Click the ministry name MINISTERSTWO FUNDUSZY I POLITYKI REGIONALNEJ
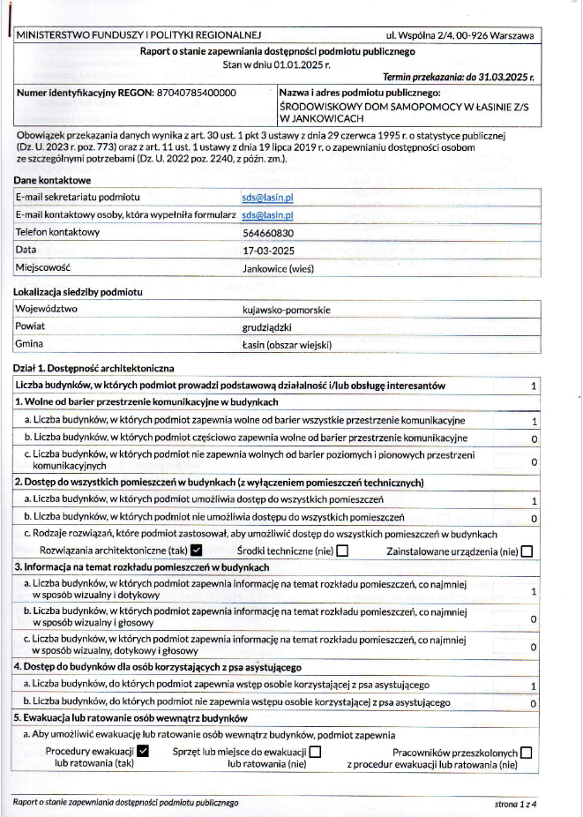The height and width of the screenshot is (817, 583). click(x=139, y=35)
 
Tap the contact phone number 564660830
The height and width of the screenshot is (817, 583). click(x=268, y=232)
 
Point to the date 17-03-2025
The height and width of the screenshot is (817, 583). click(x=268, y=250)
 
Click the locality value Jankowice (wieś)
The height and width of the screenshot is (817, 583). click(x=278, y=268)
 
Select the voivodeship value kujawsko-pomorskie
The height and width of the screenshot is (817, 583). click(x=286, y=310)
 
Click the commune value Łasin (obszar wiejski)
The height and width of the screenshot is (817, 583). click(x=287, y=344)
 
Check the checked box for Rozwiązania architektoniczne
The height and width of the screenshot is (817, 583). click(x=197, y=551)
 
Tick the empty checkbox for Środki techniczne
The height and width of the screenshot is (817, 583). click(x=342, y=551)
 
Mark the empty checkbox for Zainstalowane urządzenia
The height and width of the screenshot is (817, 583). click(x=527, y=551)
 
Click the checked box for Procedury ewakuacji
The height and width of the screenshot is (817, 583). click(x=144, y=752)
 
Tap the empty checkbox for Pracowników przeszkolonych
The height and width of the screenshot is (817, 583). click(x=527, y=752)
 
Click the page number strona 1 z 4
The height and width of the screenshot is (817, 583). click(x=516, y=803)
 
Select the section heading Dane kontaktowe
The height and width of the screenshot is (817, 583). click(x=52, y=180)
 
